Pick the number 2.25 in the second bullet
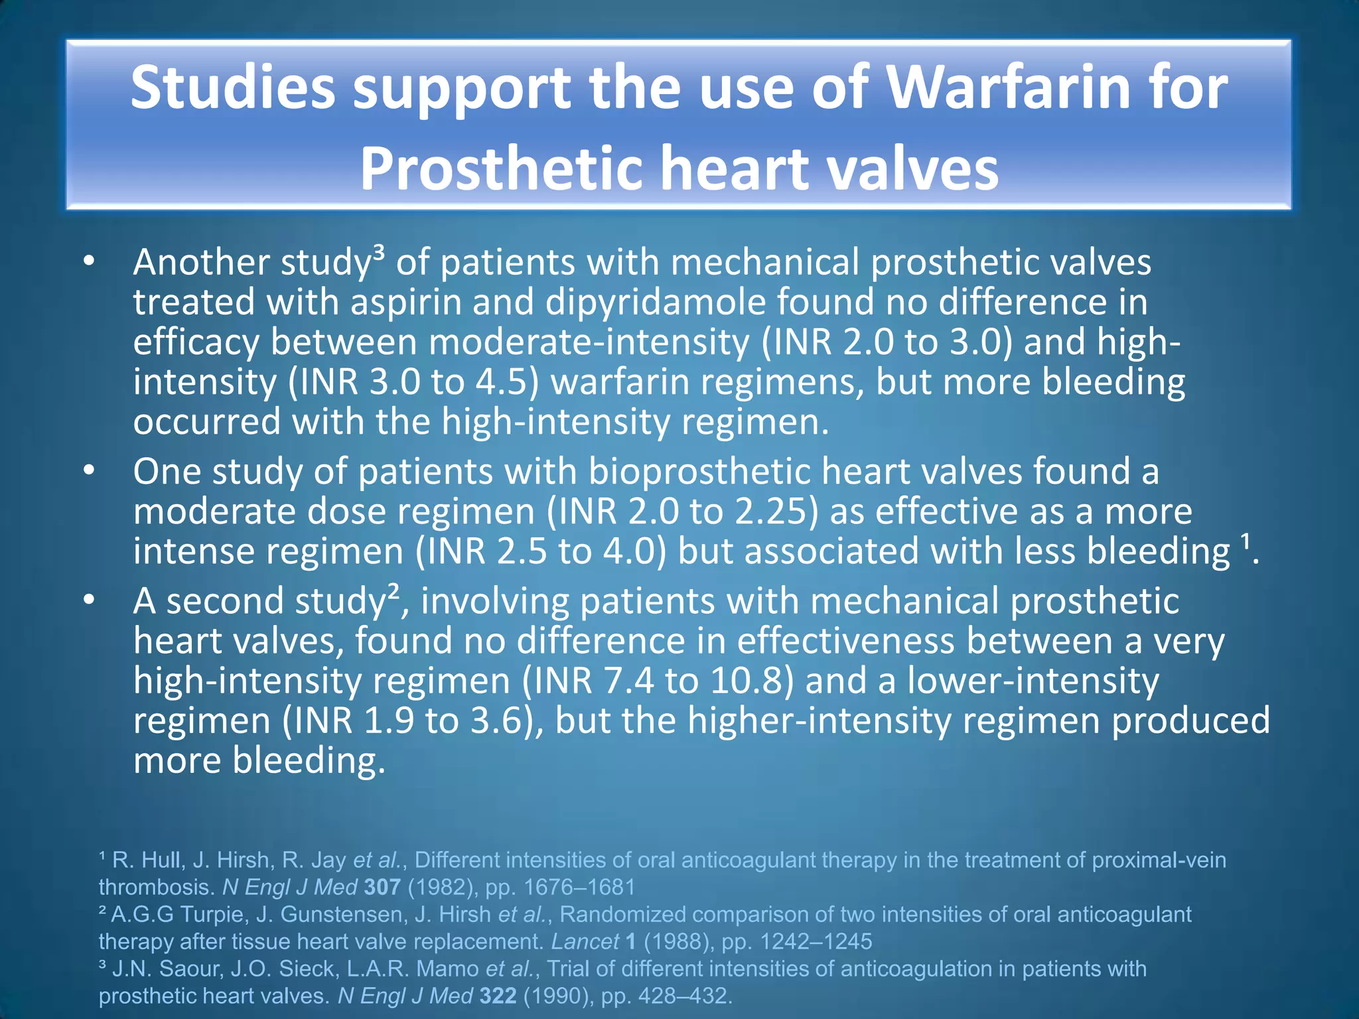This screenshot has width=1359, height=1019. pyautogui.click(x=779, y=511)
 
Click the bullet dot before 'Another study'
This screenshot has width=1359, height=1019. pyautogui.click(x=90, y=263)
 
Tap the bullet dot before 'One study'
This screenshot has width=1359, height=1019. pyautogui.click(x=90, y=472)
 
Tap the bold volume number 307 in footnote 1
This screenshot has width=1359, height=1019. pyautogui.click(x=382, y=887)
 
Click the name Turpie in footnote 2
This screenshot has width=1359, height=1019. pyautogui.click(x=213, y=914)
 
